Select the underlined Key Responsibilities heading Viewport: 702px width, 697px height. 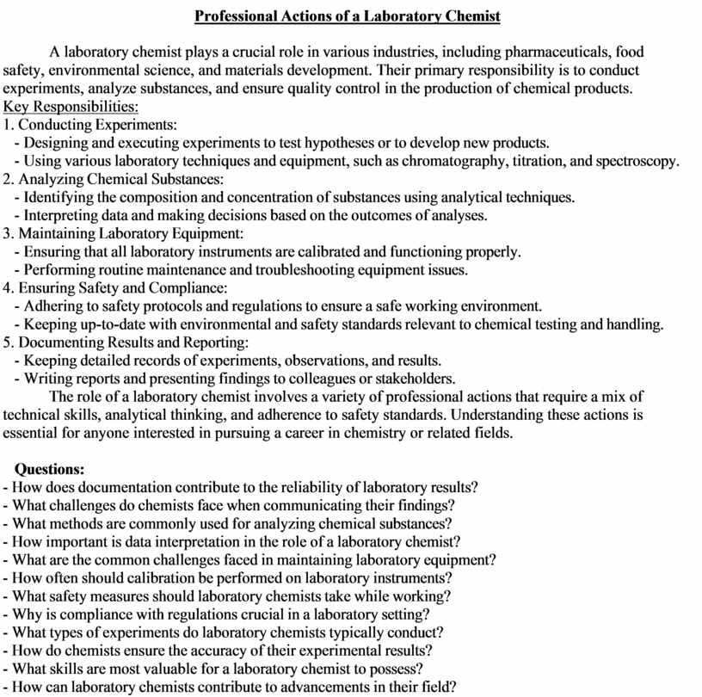point(71,107)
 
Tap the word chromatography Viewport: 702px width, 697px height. point(453,161)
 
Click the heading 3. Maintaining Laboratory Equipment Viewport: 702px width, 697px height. point(124,233)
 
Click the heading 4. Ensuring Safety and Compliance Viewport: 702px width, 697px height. point(115,287)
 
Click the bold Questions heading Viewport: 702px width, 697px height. point(50,469)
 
